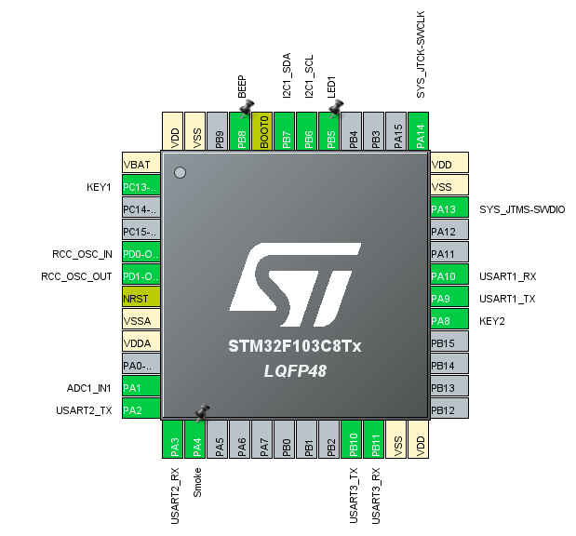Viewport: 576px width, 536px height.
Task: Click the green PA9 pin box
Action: pos(449,299)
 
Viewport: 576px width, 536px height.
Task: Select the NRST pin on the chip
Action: pos(141,299)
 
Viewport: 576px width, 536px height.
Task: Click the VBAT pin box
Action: pos(141,164)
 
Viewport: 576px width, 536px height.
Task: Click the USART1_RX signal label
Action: pos(508,276)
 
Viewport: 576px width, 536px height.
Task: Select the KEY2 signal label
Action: pos(494,321)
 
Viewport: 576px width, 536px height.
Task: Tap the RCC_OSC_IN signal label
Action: pos(82,254)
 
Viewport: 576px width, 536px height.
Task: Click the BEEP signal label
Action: pos(242,87)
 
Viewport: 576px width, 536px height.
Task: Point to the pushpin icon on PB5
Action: pos(336,108)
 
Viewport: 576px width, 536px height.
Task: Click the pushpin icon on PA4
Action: pos(200,411)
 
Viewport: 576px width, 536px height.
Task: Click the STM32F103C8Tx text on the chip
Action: pos(294,346)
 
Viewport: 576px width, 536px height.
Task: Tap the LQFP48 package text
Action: pos(294,370)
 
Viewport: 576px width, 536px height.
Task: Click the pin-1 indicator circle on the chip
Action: pos(181,172)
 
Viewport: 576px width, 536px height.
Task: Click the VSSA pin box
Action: pos(141,321)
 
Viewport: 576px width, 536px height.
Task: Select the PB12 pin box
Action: pos(449,410)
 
